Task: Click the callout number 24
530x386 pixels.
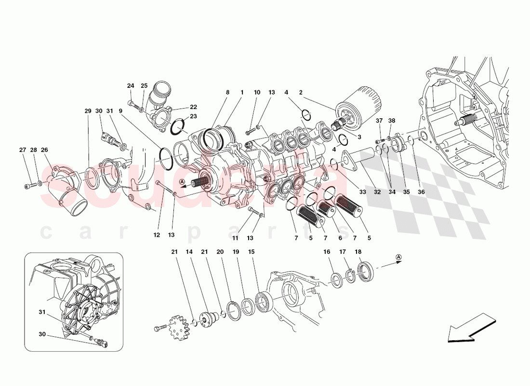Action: (x=131, y=86)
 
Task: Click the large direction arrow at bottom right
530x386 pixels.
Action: (x=471, y=328)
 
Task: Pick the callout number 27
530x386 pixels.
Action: (x=22, y=150)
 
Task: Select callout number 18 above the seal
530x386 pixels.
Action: (x=358, y=252)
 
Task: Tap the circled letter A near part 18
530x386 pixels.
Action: (x=398, y=257)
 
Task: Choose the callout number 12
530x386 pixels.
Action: (x=157, y=235)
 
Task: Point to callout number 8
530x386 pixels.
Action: (x=227, y=92)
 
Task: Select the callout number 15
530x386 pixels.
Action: (x=251, y=252)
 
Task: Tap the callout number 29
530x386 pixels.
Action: (x=88, y=111)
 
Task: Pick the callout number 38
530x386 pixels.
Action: (x=392, y=121)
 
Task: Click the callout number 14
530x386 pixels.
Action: (x=189, y=252)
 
